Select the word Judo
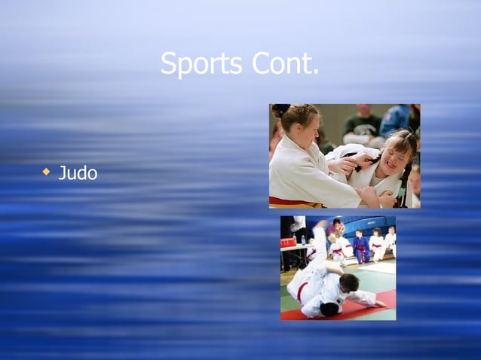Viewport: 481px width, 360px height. point(78,173)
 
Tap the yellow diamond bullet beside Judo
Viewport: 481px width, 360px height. point(46,172)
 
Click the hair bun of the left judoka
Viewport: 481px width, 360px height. point(280,110)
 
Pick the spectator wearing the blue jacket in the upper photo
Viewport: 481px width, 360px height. point(396,119)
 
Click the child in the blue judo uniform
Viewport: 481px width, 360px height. point(360,247)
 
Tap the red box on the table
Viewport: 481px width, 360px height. point(288,242)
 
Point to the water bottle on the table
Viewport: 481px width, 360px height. point(303,239)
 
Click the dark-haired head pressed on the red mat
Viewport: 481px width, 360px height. point(330,309)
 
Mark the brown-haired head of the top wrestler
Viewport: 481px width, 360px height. point(348,282)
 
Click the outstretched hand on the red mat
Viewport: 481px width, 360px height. point(381,304)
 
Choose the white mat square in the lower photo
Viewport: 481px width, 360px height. point(380,267)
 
